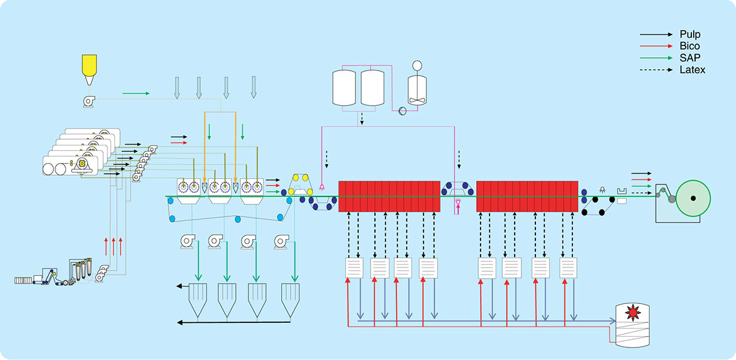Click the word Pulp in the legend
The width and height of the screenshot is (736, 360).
[689, 34]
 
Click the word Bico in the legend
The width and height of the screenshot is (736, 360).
[689, 46]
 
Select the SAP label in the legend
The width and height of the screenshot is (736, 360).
[689, 58]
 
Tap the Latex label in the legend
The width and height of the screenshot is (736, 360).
[692, 70]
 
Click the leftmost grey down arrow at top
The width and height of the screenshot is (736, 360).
[177, 87]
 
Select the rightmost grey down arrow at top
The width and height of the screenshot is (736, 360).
[254, 87]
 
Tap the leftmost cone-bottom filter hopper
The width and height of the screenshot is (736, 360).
[198, 298]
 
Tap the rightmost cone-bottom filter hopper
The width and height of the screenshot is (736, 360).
[290, 298]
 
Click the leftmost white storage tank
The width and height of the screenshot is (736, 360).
[345, 87]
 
